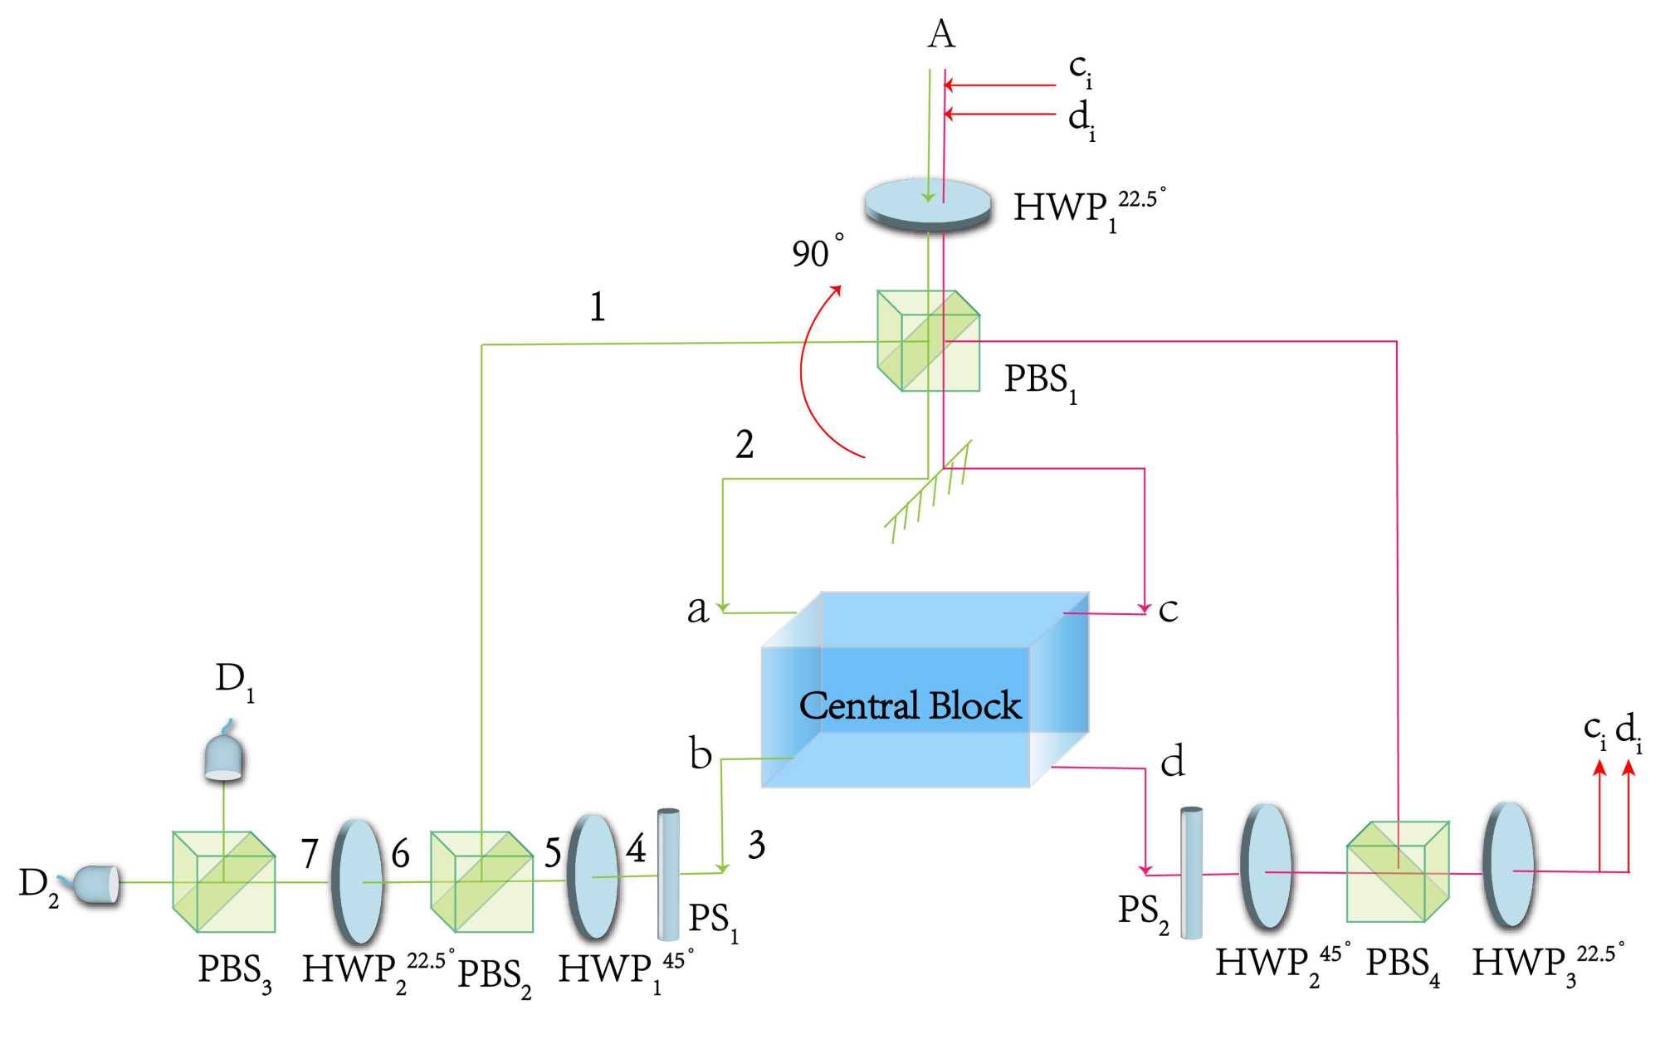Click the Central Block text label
click(910, 706)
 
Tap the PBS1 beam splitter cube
click(928, 341)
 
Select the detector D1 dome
click(223, 755)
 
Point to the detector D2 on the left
click(95, 884)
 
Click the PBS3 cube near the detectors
click(223, 881)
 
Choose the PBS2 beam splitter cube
click(481, 881)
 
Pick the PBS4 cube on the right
click(1398, 871)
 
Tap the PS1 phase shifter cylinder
click(668, 874)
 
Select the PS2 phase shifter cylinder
click(1191, 872)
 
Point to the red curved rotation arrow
click(803, 373)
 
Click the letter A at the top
click(941, 35)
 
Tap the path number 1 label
click(597, 307)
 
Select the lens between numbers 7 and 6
click(358, 881)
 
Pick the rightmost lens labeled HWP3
click(1509, 865)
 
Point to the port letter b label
click(701, 754)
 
